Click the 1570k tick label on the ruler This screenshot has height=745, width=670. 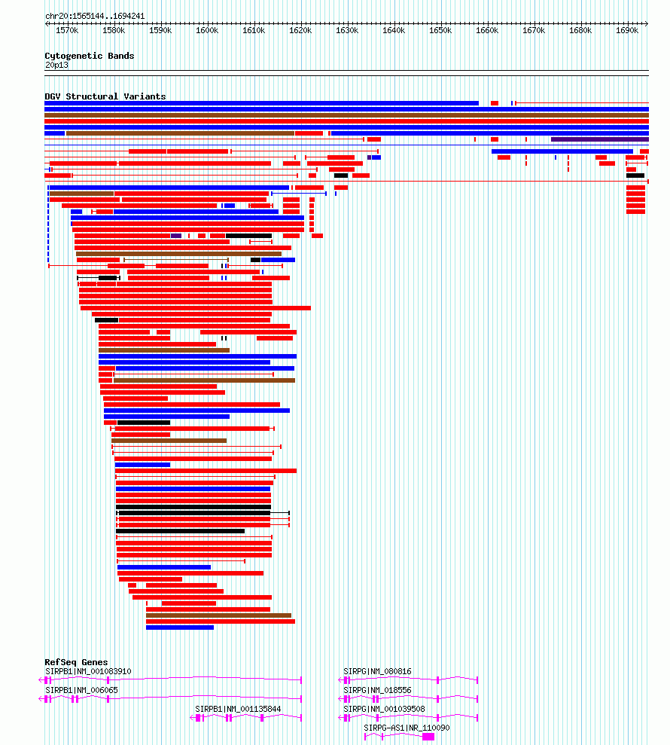click(x=67, y=31)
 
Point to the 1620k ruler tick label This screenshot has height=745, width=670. click(x=300, y=31)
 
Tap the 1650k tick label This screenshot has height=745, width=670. click(x=440, y=31)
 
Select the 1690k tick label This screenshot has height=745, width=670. click(x=627, y=31)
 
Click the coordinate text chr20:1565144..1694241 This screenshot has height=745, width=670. click(x=95, y=16)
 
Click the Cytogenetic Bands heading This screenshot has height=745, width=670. click(x=89, y=56)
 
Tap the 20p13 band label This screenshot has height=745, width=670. click(x=56, y=65)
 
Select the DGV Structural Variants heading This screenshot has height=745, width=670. click(x=105, y=96)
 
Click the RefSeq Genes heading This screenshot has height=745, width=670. click(x=76, y=663)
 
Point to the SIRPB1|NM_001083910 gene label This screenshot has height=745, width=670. click(x=88, y=671)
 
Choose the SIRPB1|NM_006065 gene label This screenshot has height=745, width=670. click(x=81, y=690)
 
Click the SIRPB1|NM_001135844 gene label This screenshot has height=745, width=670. click(x=238, y=709)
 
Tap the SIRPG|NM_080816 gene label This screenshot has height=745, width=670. click(x=377, y=671)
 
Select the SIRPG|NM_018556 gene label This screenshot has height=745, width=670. click(x=377, y=690)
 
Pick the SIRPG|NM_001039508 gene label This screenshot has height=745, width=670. click(x=384, y=709)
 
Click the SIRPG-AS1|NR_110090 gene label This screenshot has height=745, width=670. click(x=407, y=728)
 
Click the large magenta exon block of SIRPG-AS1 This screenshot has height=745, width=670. click(x=428, y=737)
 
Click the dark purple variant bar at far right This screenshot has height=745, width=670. click(x=599, y=139)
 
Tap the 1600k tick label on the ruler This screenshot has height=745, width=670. click(x=207, y=31)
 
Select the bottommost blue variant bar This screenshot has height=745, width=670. click(x=180, y=627)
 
